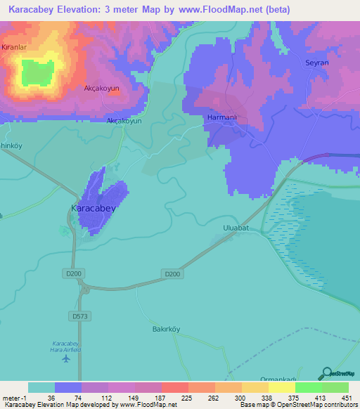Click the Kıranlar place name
click(14, 46)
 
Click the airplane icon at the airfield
click(66, 358)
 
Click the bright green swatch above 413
click(309, 387)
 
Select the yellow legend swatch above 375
click(282, 387)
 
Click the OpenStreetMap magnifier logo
click(326, 373)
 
